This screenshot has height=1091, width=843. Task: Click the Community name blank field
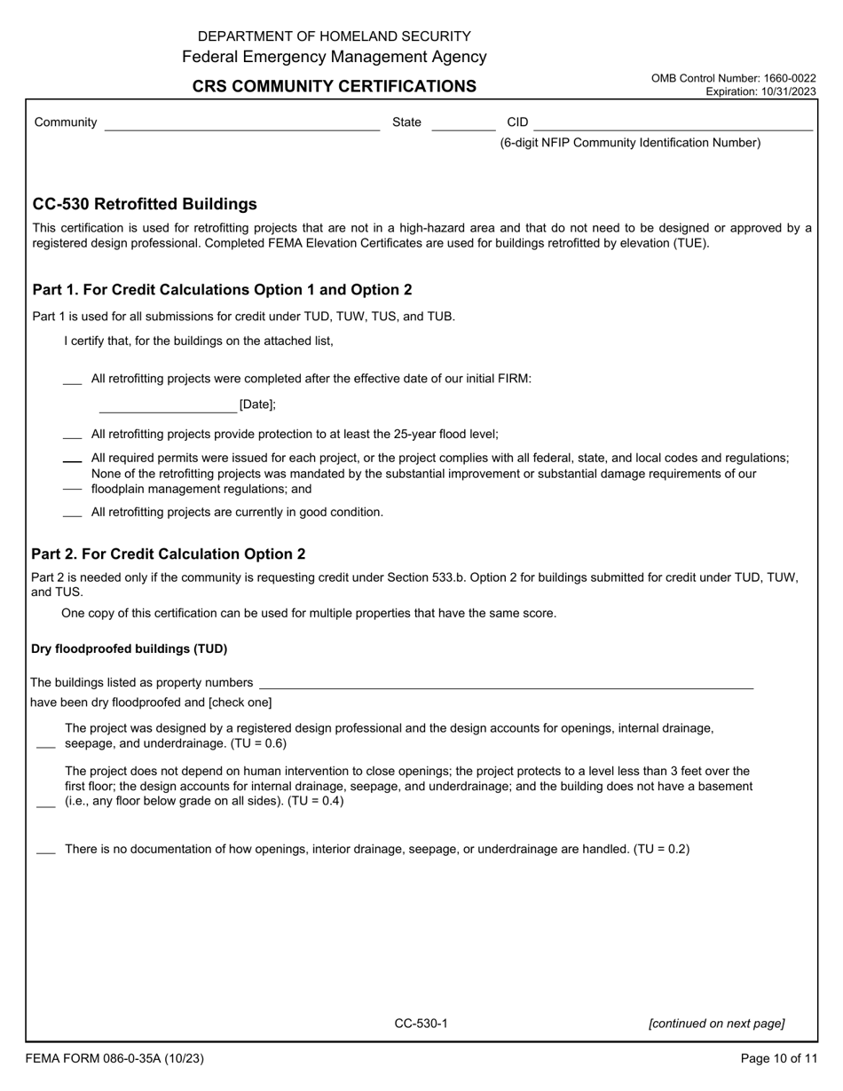241,124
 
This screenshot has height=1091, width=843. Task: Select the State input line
462,124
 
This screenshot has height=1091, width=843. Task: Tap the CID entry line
673,124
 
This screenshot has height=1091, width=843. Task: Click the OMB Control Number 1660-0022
733,78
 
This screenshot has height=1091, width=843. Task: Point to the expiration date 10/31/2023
760,91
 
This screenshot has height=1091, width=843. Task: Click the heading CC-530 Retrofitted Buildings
145,204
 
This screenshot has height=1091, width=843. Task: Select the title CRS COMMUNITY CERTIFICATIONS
335,86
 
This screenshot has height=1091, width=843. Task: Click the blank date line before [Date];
168,406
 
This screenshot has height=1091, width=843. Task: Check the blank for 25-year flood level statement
73,436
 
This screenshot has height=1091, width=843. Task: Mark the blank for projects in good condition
73,514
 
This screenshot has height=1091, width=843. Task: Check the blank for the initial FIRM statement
73,381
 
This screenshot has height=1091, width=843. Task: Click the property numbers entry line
506,683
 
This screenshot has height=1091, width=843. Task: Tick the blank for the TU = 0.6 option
46,745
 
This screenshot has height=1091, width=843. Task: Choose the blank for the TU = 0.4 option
46,803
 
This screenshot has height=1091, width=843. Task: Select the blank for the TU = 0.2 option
46,851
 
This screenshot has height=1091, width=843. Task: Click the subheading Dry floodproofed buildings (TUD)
130,648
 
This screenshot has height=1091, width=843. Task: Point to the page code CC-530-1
421,1024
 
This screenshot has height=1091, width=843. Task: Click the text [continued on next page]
716,1024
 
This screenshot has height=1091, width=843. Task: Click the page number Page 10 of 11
778,1058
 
